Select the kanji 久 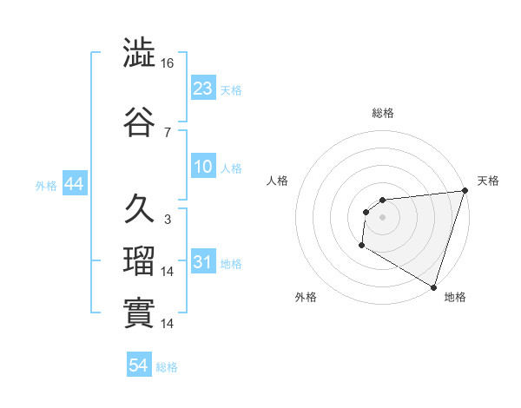[139, 209]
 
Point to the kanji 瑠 [139, 261]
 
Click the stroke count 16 [168, 63]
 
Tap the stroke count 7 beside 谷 [167, 132]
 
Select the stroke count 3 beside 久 [167, 220]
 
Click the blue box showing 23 [203, 88]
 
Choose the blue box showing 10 [203, 167]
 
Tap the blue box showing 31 [203, 261]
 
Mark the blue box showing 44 [74, 184]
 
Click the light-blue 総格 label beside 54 [167, 367]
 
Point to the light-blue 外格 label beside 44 [46, 185]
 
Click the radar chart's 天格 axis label [488, 181]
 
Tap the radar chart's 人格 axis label [277, 181]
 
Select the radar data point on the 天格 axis [465, 191]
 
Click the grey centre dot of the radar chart [382, 217]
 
